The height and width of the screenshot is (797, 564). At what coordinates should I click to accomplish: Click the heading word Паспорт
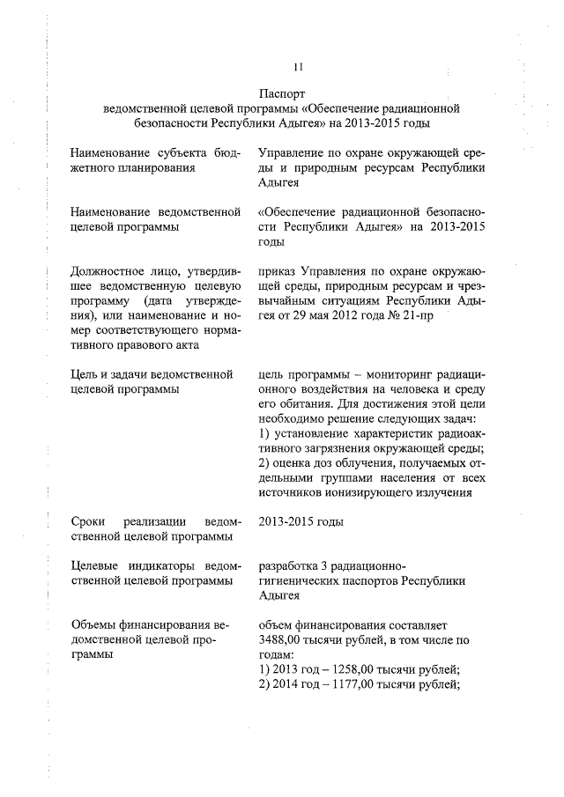pyautogui.click(x=282, y=92)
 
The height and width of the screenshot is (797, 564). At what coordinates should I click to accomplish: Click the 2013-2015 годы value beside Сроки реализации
pyautogui.click(x=289, y=521)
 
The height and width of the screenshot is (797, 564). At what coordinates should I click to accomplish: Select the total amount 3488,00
pyautogui.click(x=282, y=641)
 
